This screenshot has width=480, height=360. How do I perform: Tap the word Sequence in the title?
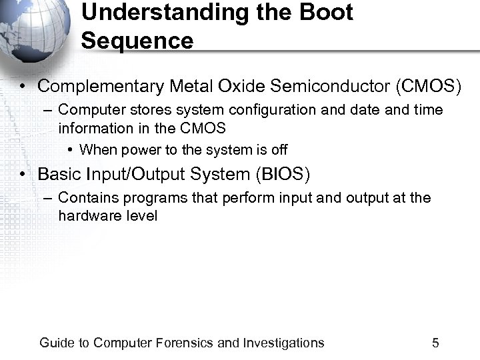[x=137, y=41]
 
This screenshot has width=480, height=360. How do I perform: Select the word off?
[x=279, y=150]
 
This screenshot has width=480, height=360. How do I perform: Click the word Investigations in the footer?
[x=283, y=343]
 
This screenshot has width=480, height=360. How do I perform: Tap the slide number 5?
[x=435, y=343]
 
